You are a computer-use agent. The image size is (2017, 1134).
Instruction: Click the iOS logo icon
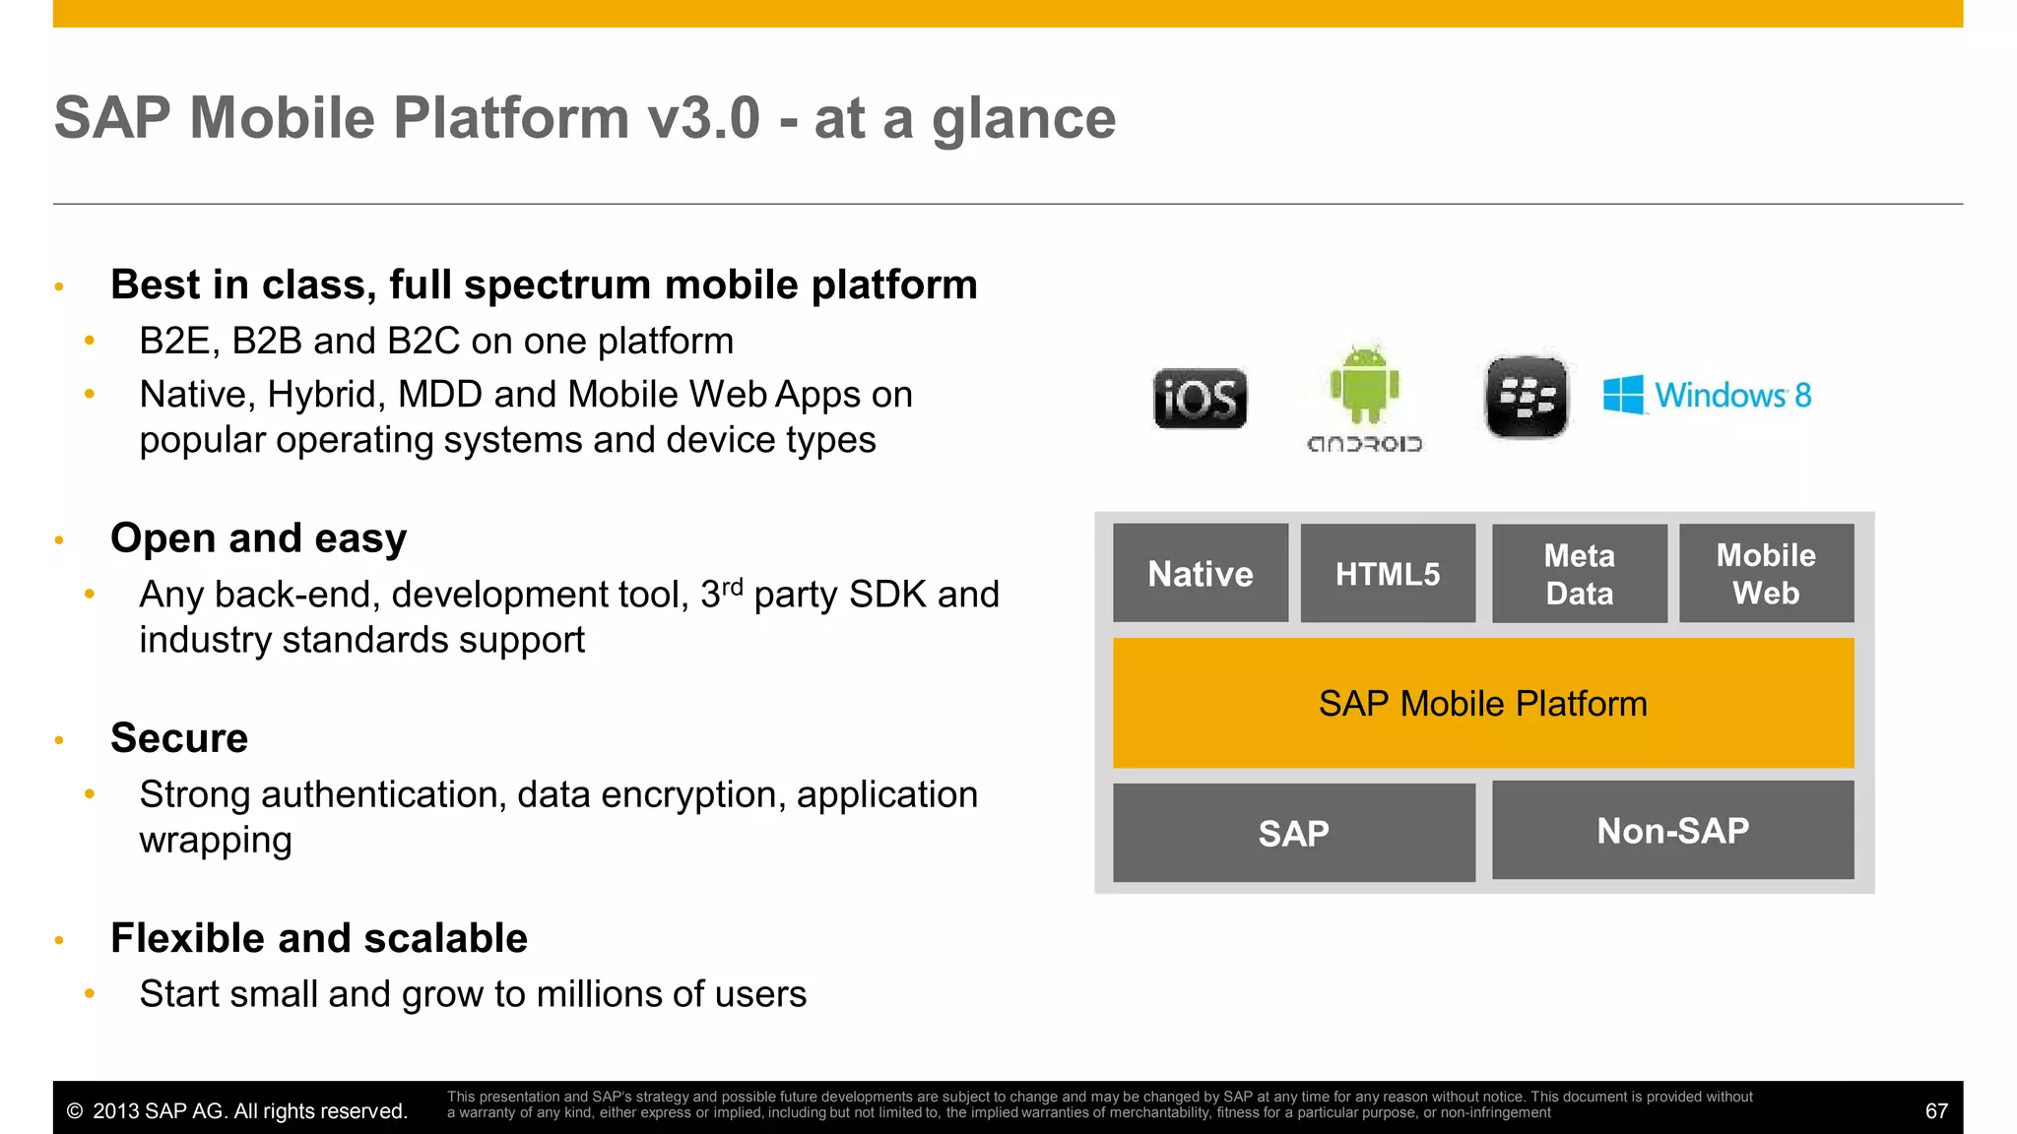[1200, 399]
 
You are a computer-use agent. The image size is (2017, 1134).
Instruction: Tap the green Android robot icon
[1364, 385]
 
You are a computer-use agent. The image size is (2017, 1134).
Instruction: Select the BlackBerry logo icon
[1527, 397]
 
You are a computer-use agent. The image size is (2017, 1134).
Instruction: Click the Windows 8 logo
[1707, 395]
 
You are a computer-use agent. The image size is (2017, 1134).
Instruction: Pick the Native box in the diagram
[1201, 573]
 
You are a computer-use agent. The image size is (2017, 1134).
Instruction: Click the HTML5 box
[1388, 573]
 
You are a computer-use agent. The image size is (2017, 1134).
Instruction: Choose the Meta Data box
[1579, 574]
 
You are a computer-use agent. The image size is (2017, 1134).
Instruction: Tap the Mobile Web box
[1766, 573]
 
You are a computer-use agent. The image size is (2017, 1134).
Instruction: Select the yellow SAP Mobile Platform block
[1482, 703]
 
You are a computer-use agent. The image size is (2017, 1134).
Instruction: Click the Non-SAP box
[1672, 830]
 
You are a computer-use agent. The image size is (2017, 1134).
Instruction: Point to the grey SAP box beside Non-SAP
[1293, 833]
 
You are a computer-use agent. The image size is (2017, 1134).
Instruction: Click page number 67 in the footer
[1935, 1111]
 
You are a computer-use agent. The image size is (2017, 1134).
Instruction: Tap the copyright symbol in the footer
[75, 1111]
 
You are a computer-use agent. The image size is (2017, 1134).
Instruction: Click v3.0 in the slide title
[703, 118]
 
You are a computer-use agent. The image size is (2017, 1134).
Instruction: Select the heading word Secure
[179, 738]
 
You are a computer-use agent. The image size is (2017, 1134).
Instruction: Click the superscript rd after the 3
[732, 588]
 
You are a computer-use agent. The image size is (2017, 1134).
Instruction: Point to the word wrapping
[216, 841]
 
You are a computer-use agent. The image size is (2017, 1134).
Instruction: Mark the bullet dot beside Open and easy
[59, 540]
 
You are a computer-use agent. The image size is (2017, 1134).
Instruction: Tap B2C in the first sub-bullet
[423, 342]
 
